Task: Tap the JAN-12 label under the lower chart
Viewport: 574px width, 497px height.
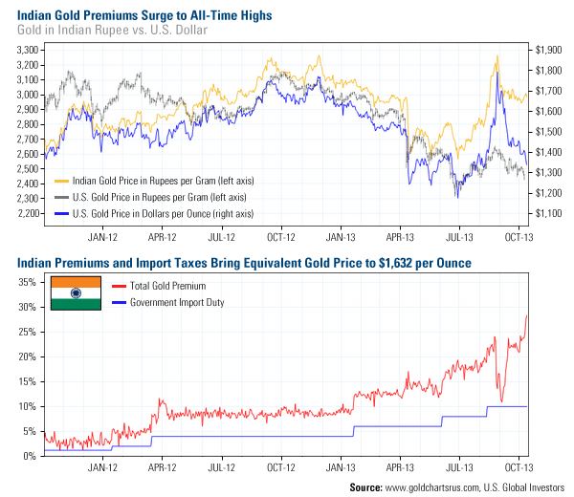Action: (103, 469)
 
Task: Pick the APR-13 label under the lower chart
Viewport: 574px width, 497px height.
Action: (399, 469)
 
